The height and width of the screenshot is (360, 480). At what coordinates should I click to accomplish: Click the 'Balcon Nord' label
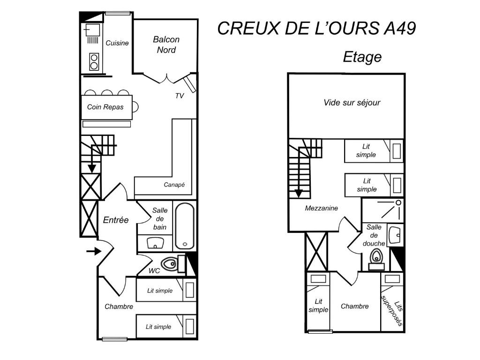click(166, 45)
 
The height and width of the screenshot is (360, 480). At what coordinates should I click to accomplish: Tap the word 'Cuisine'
click(117, 43)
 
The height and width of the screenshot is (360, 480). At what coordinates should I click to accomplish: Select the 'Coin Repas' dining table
click(107, 107)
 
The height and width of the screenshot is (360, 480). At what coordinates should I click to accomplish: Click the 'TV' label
click(180, 96)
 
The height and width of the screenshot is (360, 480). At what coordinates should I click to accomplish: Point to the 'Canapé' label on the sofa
click(174, 185)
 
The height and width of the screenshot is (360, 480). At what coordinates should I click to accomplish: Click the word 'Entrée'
click(116, 220)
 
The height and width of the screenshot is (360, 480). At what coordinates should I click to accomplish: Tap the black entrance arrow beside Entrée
click(94, 251)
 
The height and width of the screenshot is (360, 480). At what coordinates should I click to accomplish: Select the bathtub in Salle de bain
click(185, 226)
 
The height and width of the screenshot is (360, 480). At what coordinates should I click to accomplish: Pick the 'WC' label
click(154, 270)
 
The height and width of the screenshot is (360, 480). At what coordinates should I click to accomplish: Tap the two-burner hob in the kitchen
click(94, 61)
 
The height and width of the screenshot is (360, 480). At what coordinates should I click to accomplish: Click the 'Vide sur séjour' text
click(352, 103)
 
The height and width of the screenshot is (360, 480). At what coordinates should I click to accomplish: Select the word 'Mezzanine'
click(322, 208)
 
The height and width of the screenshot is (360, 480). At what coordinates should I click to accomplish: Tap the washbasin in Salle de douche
click(395, 235)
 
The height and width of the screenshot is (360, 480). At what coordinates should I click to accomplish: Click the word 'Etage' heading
click(362, 57)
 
